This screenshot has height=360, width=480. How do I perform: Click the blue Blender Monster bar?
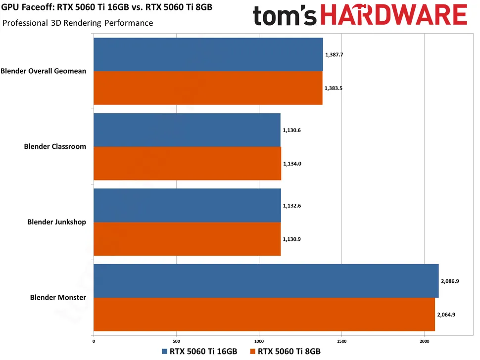[266, 281]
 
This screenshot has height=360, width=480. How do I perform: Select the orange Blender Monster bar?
[264, 315]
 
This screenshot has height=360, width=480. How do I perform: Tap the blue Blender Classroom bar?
[187, 130]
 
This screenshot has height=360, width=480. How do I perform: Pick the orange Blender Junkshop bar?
[187, 239]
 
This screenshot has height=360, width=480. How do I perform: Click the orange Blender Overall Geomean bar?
[208, 88]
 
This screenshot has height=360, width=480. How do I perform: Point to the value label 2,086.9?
[450, 281]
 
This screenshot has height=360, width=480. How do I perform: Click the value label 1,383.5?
[334, 88]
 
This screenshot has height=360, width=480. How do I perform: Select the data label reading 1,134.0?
[292, 163]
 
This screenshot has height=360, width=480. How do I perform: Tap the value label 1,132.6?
[292, 205]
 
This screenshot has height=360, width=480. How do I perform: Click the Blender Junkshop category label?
[56, 222]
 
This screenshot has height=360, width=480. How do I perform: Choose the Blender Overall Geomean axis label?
[44, 71]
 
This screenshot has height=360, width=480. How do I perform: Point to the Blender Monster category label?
[58, 298]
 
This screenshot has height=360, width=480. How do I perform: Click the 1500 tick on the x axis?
[341, 341]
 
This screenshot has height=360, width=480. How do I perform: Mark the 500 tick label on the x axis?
[176, 341]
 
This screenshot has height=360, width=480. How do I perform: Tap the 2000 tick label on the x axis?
[424, 341]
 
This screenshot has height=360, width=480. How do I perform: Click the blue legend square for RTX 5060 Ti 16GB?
[165, 352]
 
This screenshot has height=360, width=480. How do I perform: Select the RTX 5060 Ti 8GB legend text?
[289, 352]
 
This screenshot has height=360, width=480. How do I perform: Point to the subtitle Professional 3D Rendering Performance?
[78, 23]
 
